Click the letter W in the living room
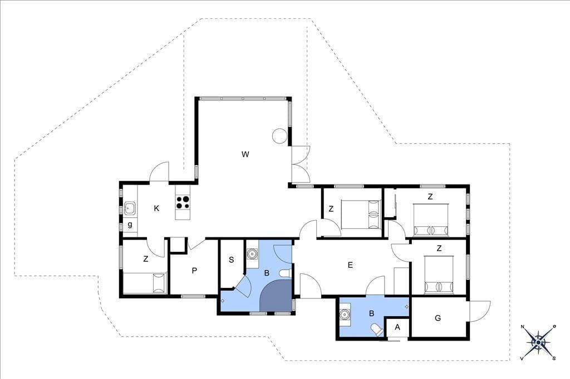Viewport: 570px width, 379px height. [245, 154]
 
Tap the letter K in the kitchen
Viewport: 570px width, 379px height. [156, 208]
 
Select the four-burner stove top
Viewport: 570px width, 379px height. [183, 203]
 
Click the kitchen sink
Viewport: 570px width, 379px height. [130, 208]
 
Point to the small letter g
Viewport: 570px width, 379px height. [130, 225]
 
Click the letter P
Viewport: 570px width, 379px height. [194, 271]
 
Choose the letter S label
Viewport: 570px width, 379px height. [231, 260]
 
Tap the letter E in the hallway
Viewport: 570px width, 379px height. [350, 265]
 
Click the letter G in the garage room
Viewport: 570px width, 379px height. [438, 318]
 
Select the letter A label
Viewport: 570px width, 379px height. [397, 327]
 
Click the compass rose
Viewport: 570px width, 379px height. [538, 342]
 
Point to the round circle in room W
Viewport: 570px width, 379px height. [281, 136]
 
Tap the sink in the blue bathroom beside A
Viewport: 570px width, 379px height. [344, 315]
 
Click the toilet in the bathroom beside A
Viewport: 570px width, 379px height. [376, 330]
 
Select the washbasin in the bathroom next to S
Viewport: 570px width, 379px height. [252, 253]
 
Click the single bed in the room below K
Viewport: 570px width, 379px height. [145, 283]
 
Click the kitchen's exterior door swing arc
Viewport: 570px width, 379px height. [160, 171]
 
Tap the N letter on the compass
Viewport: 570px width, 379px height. [523, 327]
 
